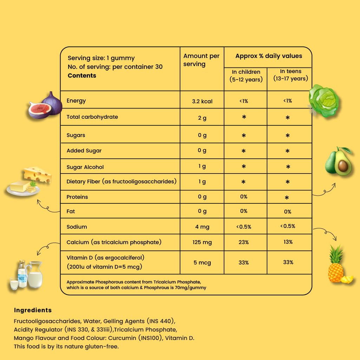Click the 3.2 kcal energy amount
(x=202, y=101)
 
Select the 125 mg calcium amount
(x=202, y=242)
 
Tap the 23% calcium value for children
(x=244, y=242)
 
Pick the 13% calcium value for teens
(x=288, y=242)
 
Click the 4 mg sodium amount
(x=202, y=227)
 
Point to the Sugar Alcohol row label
(x=85, y=167)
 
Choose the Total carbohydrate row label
(x=92, y=117)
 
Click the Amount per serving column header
(x=201, y=60)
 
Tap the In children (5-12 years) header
(x=246, y=76)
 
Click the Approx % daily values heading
(x=268, y=56)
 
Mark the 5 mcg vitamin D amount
(x=202, y=262)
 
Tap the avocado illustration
(x=338, y=161)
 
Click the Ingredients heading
(x=33, y=310)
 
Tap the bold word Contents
(x=82, y=76)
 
